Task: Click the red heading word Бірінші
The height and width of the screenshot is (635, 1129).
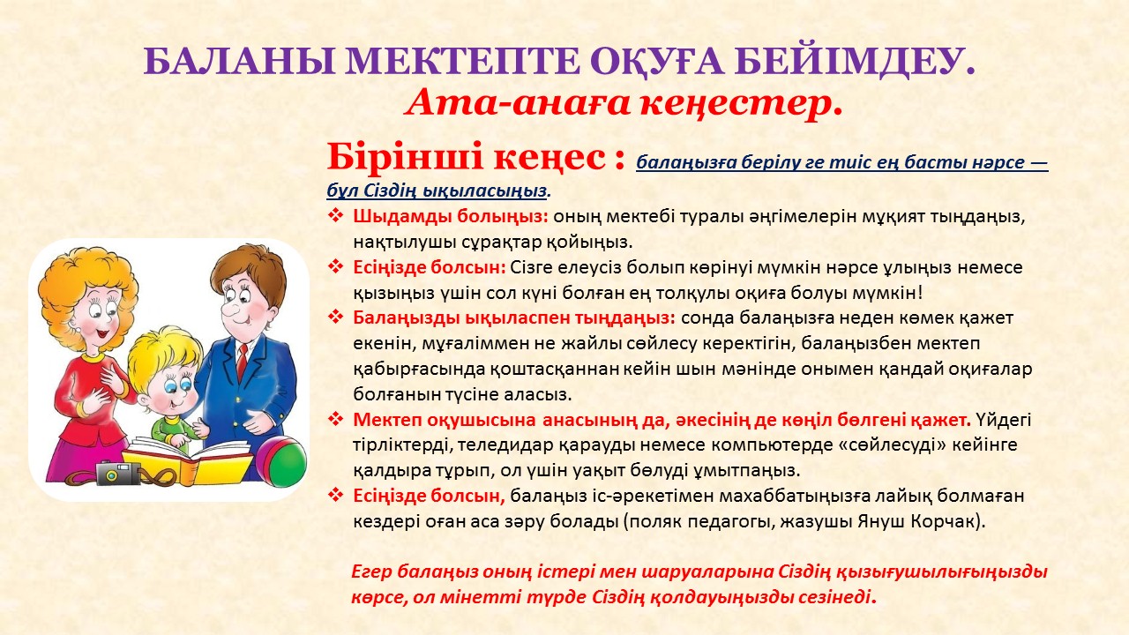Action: click(405, 156)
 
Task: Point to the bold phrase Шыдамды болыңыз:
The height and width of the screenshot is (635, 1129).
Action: click(451, 217)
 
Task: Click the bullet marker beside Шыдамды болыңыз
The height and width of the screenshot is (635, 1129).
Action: click(335, 216)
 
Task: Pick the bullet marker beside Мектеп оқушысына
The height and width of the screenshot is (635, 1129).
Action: click(335, 419)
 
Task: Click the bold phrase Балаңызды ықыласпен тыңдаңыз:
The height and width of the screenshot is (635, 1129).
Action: click(513, 318)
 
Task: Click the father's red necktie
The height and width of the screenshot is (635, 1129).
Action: click(243, 362)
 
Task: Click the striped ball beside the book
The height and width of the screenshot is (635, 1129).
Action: click(281, 462)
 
